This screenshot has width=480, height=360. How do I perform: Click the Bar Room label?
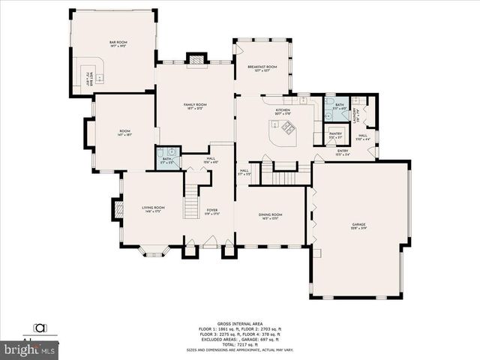click(x=118, y=43)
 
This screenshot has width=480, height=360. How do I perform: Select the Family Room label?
click(x=196, y=106)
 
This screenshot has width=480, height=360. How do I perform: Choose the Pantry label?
click(x=335, y=135)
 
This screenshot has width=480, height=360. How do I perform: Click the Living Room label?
click(x=153, y=209)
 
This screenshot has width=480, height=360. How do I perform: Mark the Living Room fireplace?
click(x=118, y=209)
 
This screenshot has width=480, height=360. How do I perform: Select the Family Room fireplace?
click(x=196, y=58)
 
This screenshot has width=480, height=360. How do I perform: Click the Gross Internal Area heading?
click(x=239, y=323)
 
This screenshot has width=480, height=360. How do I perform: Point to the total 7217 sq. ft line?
click(x=239, y=344)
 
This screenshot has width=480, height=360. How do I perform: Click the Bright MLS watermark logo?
click(x=30, y=349)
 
